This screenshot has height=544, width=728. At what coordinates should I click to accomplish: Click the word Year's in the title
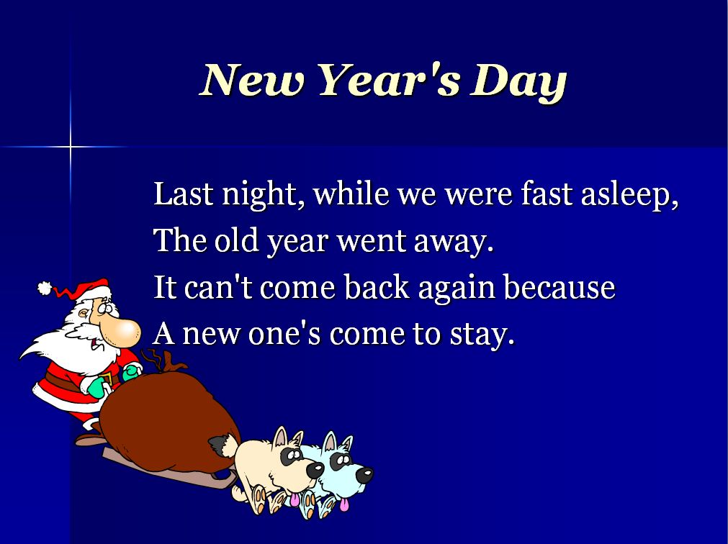(390, 80)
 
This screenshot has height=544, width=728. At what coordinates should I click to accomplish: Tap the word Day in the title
(518, 82)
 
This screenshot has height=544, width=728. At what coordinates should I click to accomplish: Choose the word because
(560, 287)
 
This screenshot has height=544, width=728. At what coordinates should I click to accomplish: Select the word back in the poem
(377, 286)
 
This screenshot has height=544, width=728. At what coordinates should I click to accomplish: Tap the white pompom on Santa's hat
(45, 288)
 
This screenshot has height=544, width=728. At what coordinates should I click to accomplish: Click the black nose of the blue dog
(364, 475)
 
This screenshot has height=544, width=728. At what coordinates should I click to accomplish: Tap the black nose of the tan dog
(315, 471)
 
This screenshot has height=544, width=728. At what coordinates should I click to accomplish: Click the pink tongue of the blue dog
(344, 504)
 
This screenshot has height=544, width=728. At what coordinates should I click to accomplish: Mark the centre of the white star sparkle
(71, 147)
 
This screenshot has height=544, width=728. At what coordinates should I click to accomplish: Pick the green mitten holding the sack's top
(132, 371)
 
